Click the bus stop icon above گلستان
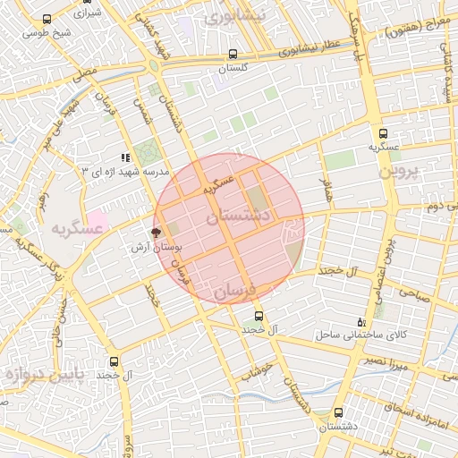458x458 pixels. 233,54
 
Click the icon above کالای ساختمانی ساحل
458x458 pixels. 360,322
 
